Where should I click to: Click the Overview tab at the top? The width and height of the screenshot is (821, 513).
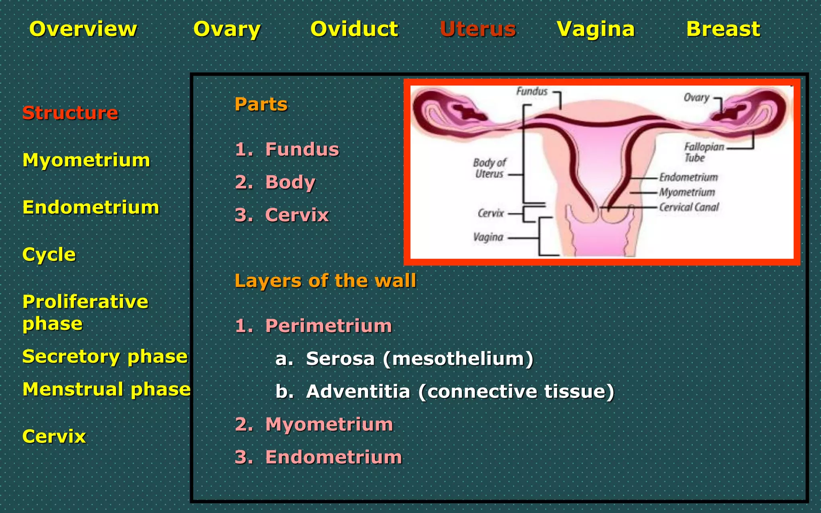83,29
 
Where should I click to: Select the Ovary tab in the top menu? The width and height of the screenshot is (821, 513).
227,29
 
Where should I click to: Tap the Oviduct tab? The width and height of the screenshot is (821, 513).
354,29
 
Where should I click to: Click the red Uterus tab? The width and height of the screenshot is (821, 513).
478,29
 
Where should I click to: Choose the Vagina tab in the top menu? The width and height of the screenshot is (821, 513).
596,29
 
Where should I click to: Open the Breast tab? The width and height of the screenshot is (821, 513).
723,29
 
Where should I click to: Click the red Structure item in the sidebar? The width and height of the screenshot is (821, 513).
70,113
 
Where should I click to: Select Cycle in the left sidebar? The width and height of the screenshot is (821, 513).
49,254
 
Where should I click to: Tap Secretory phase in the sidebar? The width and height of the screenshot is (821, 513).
105,356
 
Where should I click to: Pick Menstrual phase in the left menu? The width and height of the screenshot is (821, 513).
107,389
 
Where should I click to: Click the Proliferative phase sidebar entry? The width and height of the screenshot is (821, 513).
85,312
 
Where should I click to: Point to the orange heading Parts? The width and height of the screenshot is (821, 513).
261,104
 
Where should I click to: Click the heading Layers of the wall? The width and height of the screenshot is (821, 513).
325,281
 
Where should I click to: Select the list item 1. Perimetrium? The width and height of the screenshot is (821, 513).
313,325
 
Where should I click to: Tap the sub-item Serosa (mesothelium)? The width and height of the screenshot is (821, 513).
404,358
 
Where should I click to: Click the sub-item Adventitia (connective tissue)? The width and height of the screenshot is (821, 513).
445,391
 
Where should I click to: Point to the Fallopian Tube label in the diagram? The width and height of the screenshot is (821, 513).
704,152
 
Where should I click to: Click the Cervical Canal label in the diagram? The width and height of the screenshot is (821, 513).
689,207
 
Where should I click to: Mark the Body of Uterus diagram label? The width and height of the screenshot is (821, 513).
489,168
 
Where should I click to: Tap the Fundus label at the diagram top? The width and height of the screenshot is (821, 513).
532,91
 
